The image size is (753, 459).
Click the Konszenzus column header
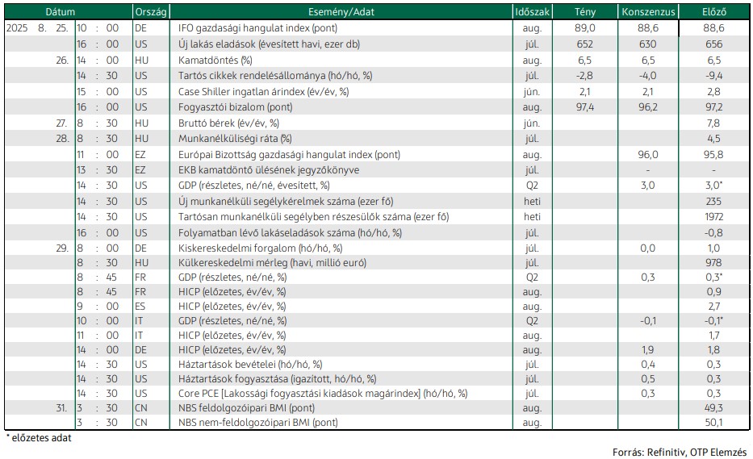648,12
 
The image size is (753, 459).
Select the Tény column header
585,12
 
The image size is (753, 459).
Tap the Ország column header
151,12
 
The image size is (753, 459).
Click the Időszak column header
532,12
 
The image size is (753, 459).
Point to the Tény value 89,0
585,28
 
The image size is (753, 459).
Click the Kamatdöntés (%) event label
215,60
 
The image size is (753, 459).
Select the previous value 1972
713,216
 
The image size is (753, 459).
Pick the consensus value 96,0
648,155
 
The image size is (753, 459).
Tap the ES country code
140,306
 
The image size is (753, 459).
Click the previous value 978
713,263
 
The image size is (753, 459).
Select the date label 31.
61,407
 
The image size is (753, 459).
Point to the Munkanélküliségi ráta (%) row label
235,139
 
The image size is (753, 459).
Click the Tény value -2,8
584,75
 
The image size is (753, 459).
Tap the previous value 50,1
713,423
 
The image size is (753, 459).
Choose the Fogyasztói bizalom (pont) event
236,107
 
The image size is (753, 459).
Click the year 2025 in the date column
17,28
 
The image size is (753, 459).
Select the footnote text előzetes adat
41,438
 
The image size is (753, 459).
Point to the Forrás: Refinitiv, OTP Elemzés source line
680,452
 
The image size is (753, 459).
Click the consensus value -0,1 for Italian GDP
648,321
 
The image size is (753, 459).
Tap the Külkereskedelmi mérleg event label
272,263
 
